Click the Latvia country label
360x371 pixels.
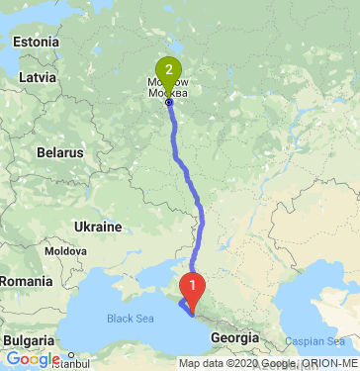(37, 76)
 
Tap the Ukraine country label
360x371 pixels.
(98, 227)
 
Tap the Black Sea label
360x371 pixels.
(131, 319)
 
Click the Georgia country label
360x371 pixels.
(235, 337)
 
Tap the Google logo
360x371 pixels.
(32, 358)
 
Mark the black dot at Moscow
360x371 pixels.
(169, 102)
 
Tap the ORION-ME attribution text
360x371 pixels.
(328, 364)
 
